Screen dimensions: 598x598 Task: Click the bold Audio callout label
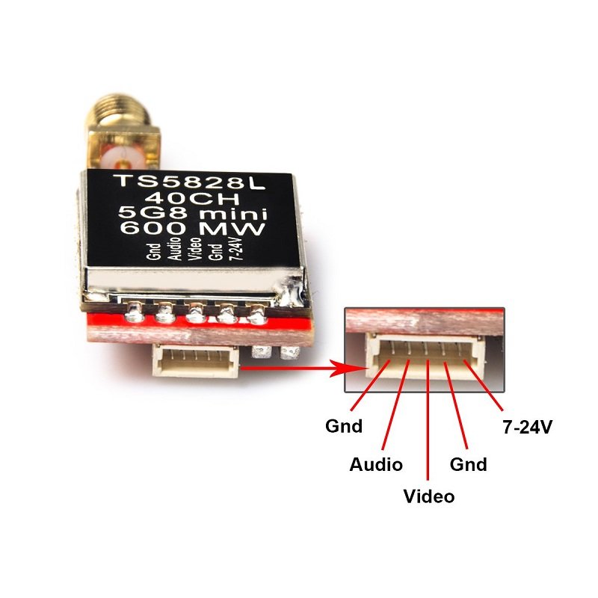tap(376, 464)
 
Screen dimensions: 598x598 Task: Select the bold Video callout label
tap(428, 496)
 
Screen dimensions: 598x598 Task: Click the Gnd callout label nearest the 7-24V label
tap(468, 464)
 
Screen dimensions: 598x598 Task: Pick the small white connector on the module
tap(200, 363)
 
